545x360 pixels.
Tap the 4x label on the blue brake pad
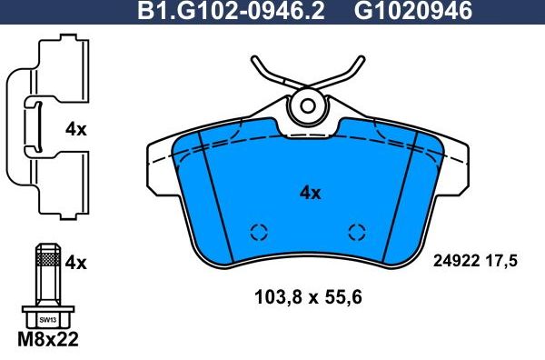[311, 192]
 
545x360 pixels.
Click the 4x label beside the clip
[76, 129]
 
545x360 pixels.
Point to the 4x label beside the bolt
[76, 263]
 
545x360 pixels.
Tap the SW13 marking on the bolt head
[46, 319]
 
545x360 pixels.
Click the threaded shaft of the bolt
[46, 273]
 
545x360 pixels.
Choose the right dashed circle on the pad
[357, 231]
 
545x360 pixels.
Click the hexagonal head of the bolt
[46, 318]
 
